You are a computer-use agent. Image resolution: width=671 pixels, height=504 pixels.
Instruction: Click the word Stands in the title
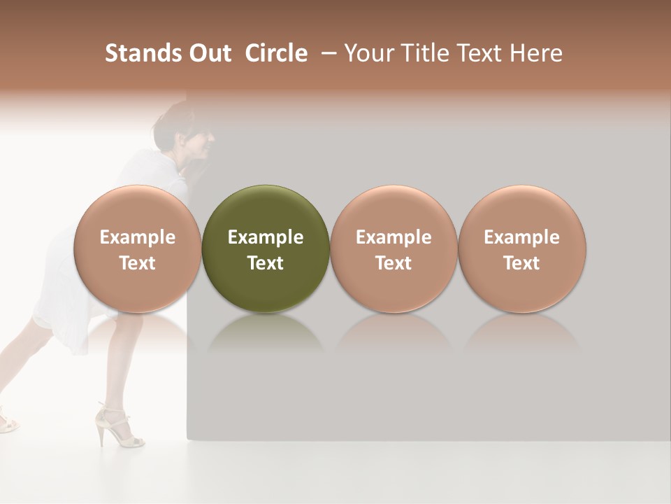[x=143, y=53]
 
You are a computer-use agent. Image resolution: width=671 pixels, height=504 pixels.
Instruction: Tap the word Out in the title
[x=208, y=53]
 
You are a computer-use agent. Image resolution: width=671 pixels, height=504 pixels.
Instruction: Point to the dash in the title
[x=327, y=53]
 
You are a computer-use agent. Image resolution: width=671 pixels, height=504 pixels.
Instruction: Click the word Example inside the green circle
[x=266, y=237]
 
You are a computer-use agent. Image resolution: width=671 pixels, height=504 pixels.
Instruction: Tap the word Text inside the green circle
[x=266, y=263]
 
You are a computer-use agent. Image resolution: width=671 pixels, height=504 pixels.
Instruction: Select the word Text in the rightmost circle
[x=522, y=263]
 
